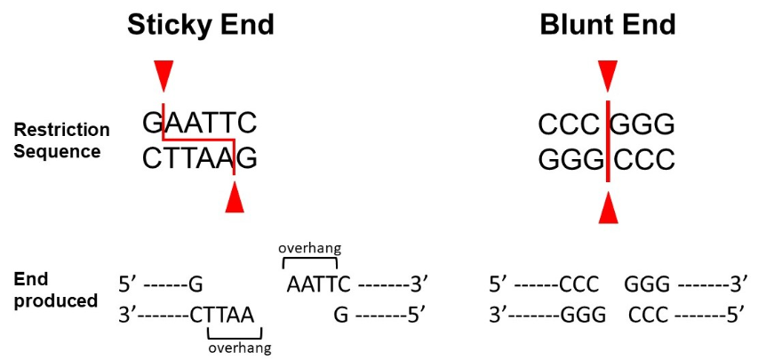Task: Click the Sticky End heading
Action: coord(200,24)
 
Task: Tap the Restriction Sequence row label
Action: coord(61,140)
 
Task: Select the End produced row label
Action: coord(55,290)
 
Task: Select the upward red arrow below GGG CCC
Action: coord(607,209)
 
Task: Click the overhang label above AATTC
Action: coord(309,250)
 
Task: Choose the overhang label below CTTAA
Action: coord(235,348)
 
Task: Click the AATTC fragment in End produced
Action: coord(318,284)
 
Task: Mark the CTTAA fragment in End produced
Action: coord(222,315)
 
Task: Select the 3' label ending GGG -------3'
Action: coord(738,284)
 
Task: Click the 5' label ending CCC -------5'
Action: coord(738,315)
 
